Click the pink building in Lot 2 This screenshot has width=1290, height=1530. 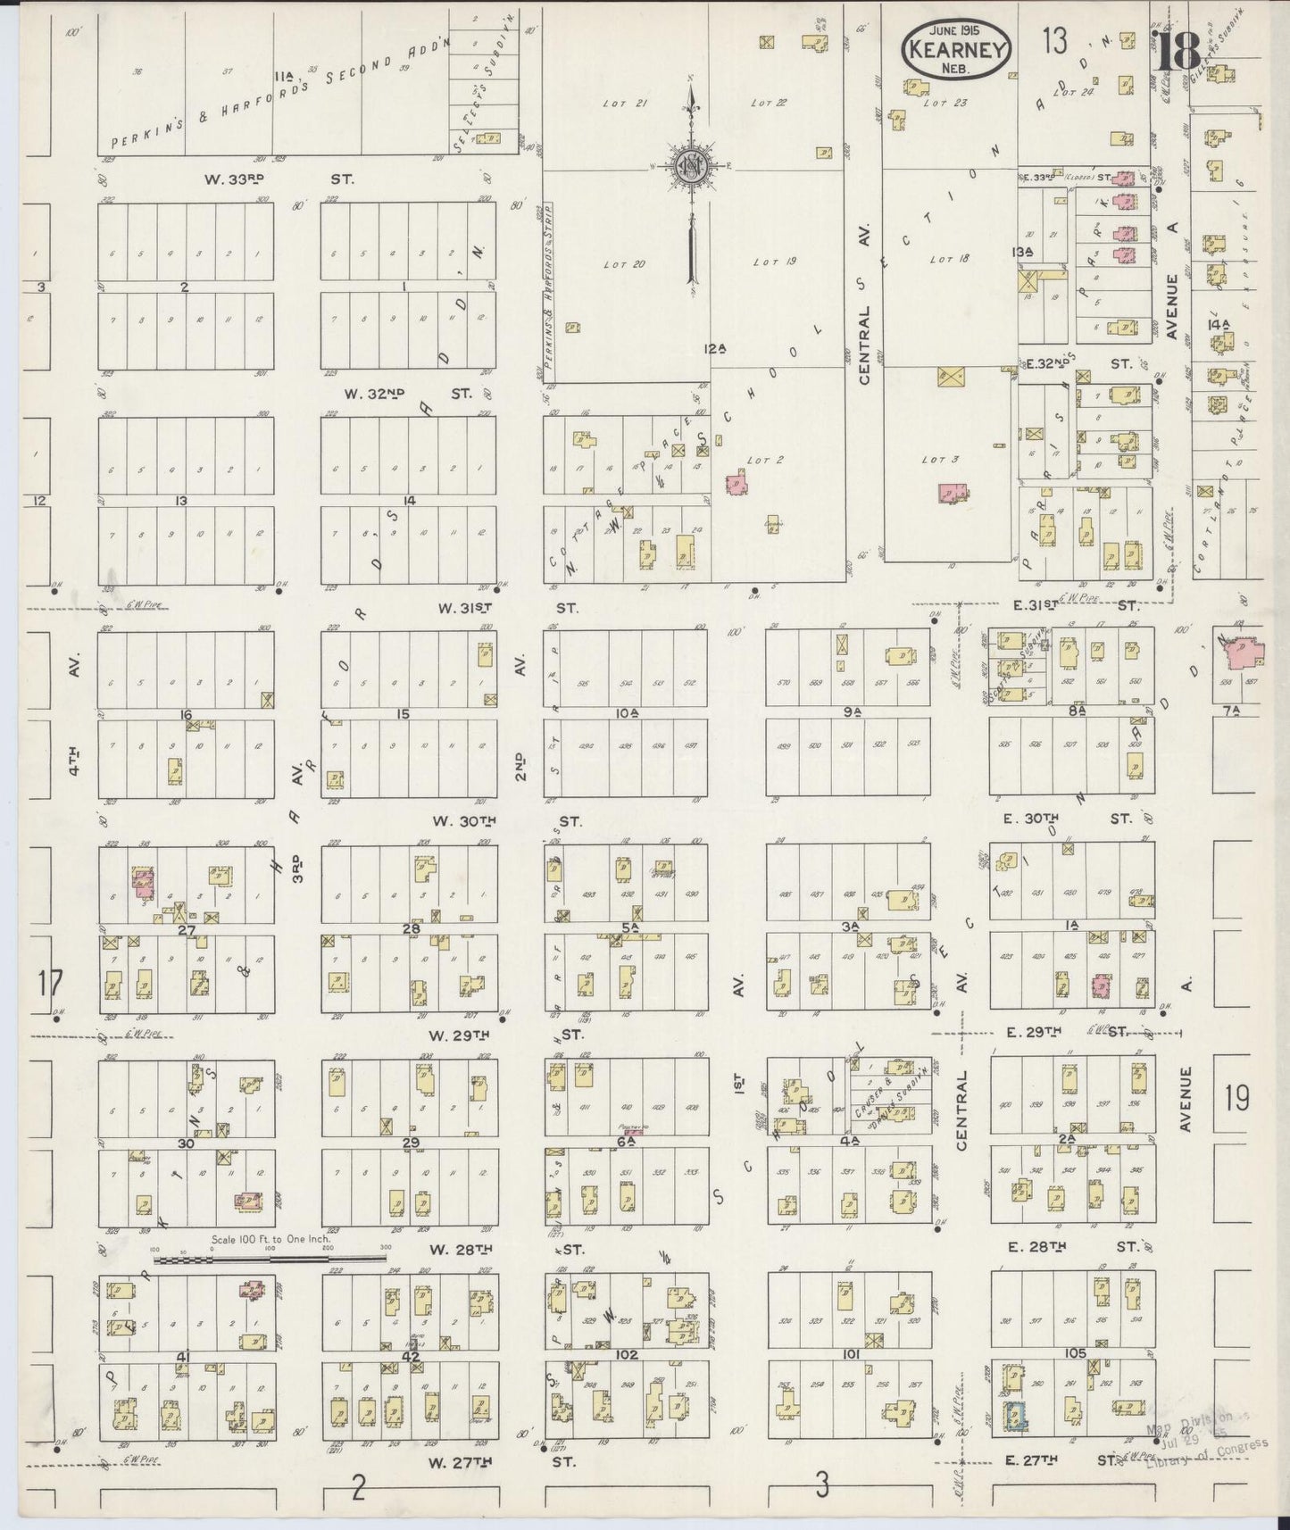click(x=736, y=483)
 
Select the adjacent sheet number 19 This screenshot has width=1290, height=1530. click(x=1236, y=1098)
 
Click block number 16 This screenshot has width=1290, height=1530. click(x=186, y=714)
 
